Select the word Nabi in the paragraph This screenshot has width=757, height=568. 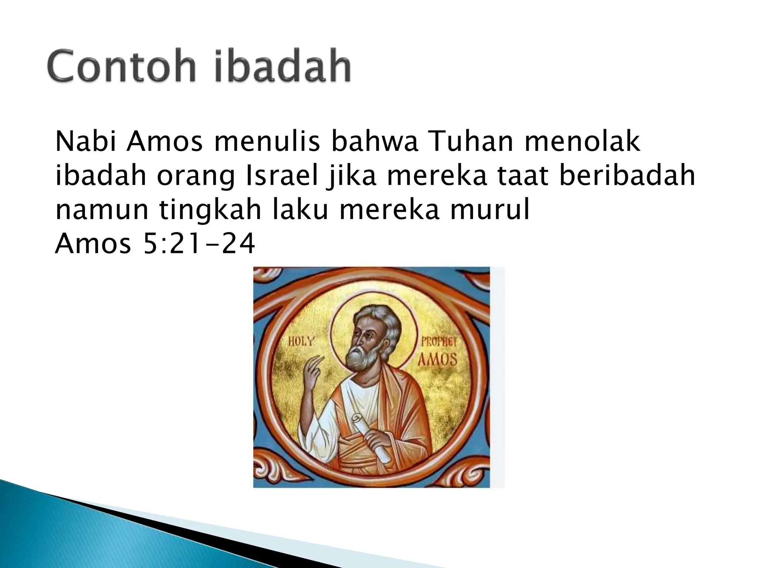coord(86,142)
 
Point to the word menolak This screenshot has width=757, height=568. coord(582,142)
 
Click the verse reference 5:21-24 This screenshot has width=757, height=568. coord(199,244)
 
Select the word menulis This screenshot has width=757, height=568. coord(267,142)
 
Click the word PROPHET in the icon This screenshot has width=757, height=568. coord(439,342)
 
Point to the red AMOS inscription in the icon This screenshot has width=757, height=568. coord(437,359)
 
